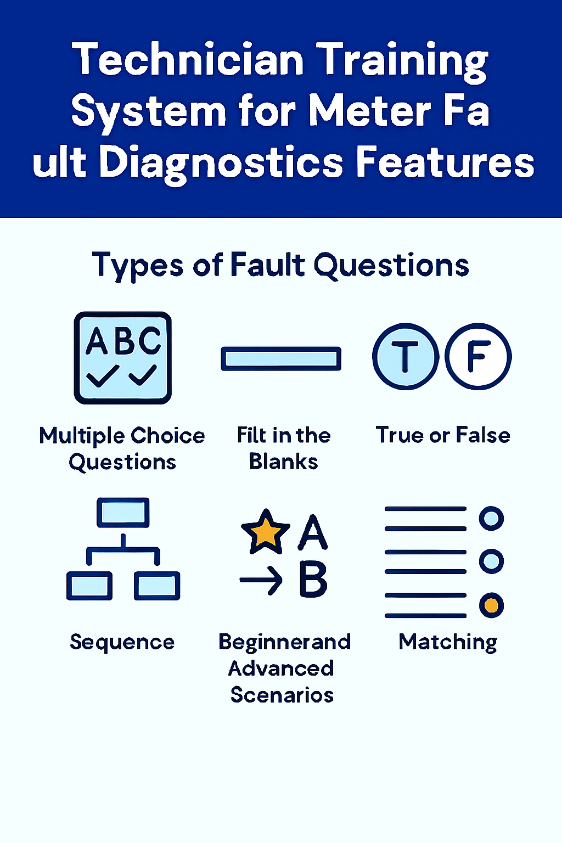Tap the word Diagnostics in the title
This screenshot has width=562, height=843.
tap(223, 162)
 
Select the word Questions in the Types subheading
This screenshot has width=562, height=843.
tap(391, 266)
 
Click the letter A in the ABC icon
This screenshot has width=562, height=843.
tap(97, 341)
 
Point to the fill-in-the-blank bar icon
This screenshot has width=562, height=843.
tap(281, 359)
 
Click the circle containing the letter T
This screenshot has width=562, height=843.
tap(406, 357)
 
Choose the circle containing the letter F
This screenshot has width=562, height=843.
tap(478, 357)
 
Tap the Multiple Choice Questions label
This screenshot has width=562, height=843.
tap(122, 448)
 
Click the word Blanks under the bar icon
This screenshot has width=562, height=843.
tap(283, 462)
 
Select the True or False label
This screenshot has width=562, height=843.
tap(443, 435)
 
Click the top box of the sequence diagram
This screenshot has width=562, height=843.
tap(123, 513)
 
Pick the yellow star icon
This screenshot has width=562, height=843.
tap(266, 532)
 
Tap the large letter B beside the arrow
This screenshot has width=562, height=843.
tap(313, 580)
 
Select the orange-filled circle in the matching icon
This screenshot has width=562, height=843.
tap(491, 605)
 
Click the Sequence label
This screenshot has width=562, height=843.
tap(122, 642)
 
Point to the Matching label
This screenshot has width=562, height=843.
tap(448, 642)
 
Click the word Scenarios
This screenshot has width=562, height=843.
tap(282, 695)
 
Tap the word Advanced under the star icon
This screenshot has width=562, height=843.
tap(281, 668)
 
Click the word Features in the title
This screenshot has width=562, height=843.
tap(445, 162)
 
